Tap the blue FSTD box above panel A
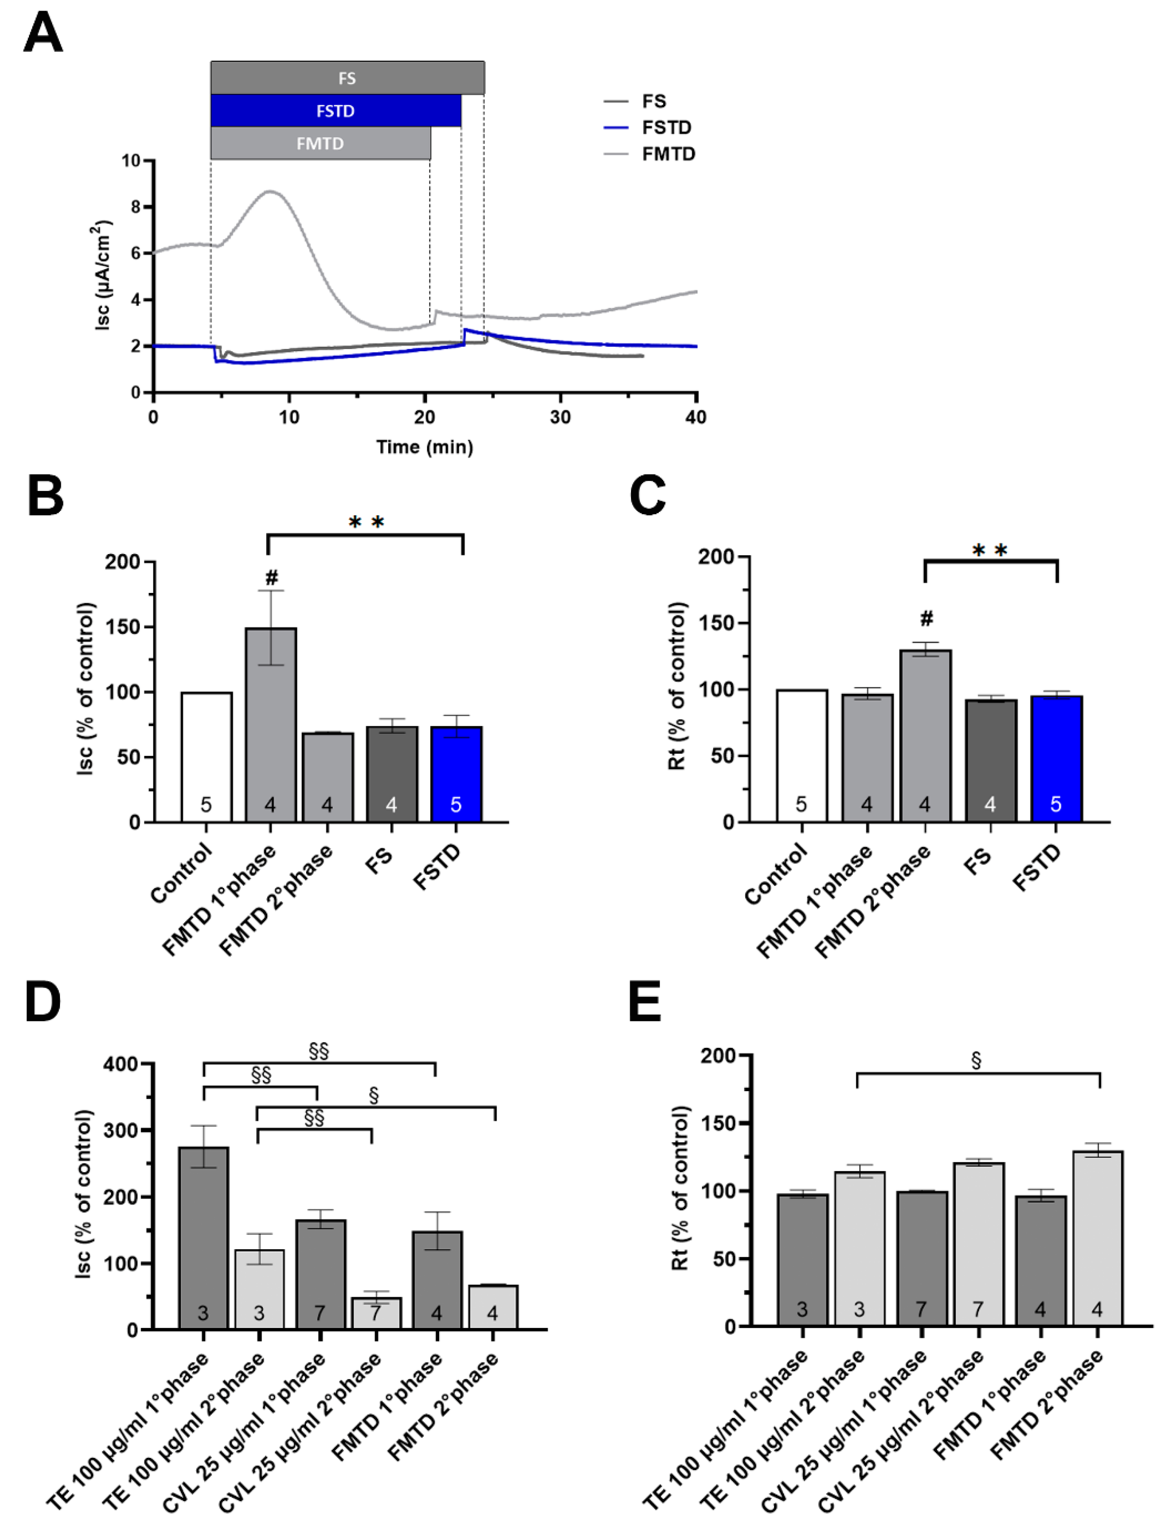tap(335, 111)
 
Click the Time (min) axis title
tap(425, 447)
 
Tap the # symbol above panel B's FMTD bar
tap(271, 577)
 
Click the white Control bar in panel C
tap(802, 755)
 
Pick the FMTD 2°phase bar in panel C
tap(925, 735)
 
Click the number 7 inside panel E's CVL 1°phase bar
tap(921, 1309)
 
